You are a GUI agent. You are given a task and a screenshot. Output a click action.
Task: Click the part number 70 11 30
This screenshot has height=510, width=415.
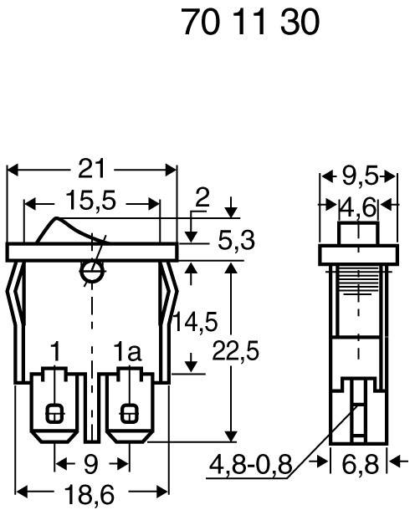[x=250, y=23]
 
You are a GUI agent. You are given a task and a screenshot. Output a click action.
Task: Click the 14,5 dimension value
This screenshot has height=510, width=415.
[x=195, y=320]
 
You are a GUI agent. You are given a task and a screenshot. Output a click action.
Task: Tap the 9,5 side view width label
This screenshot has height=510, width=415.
[x=360, y=176]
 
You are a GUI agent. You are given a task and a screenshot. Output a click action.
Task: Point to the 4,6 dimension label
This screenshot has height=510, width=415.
[x=360, y=204]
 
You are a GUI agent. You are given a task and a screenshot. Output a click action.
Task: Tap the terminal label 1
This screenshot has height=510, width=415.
[x=55, y=351]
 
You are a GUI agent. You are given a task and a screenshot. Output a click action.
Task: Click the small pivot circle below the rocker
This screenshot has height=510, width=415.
[x=90, y=271]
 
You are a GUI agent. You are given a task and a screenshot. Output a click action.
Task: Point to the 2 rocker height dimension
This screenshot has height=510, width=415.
[x=200, y=197]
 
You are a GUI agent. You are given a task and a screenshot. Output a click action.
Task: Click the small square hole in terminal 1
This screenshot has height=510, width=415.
[x=55, y=412]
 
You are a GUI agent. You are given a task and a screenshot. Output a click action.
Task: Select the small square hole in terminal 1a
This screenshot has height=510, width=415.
[x=129, y=412]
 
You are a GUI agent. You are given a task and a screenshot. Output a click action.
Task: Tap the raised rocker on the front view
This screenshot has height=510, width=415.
[x=71, y=231]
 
